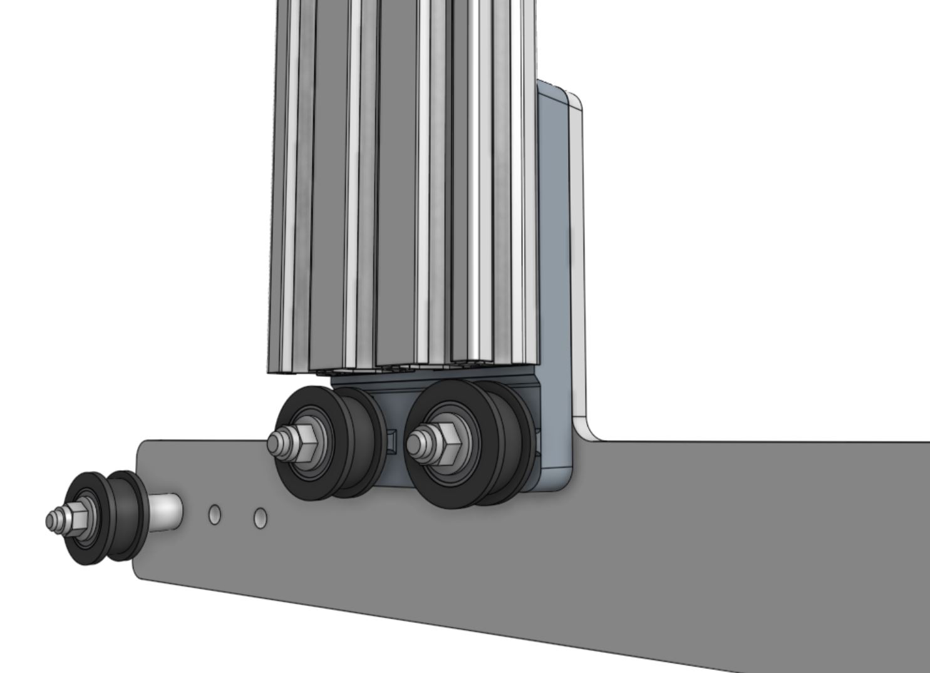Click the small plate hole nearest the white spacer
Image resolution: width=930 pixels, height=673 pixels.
(215, 515)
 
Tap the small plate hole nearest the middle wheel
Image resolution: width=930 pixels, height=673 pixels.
(261, 518)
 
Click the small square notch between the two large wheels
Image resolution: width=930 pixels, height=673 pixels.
(393, 444)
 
